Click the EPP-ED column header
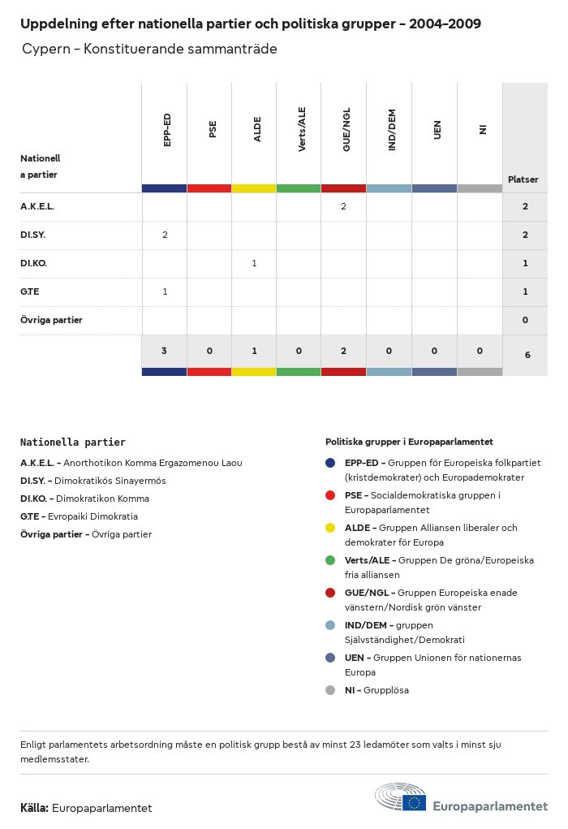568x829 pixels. pos(166,130)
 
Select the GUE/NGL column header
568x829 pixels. pos(346,130)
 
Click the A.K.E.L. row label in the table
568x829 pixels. pos(37,207)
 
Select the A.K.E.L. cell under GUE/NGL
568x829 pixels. pos(343,207)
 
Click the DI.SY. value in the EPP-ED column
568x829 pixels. pos(165,235)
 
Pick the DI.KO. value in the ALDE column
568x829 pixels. pos(255,264)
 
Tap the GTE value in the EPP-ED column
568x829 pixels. pos(165,291)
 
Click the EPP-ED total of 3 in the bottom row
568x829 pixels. pos(164,352)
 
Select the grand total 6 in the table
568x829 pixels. pos(527,355)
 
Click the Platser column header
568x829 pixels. pos(523,179)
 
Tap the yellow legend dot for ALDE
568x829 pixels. pos(330,528)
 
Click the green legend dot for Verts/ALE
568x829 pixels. pos(330,560)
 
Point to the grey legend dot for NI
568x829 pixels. pos(330,690)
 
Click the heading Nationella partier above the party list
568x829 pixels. pos(73,443)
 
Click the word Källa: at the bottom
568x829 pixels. pos(35,808)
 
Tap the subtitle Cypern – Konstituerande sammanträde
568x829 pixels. pos(149,50)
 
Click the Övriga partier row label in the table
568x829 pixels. pos(51,320)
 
